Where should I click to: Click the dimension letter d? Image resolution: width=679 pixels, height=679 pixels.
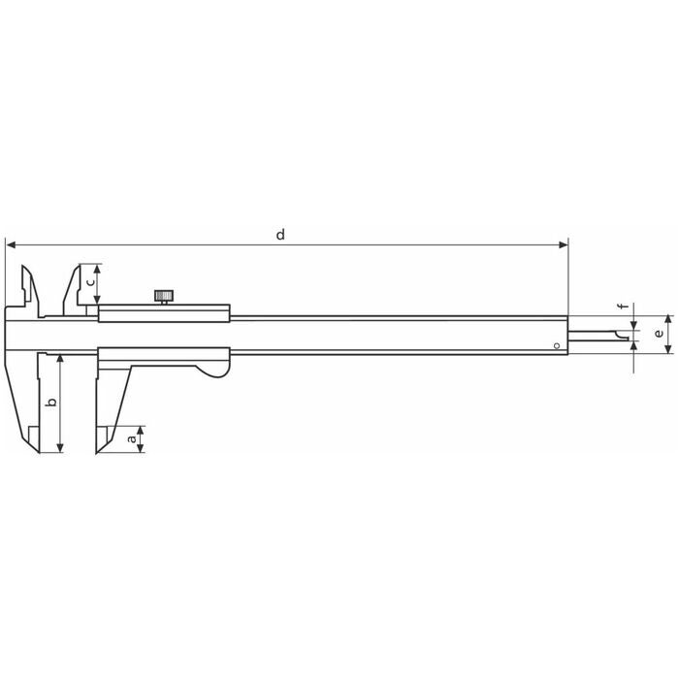pyautogui.click(x=280, y=235)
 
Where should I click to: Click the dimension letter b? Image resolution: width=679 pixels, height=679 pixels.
pyautogui.click(x=51, y=402)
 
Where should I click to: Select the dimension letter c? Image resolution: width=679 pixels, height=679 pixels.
pyautogui.click(x=90, y=282)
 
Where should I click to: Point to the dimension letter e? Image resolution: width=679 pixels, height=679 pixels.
pyautogui.click(x=659, y=334)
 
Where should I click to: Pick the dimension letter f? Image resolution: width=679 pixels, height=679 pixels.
pyautogui.click(x=624, y=307)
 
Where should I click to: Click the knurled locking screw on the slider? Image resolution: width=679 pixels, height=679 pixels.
pyautogui.click(x=164, y=296)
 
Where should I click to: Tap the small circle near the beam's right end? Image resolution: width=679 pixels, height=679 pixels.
pyautogui.click(x=557, y=345)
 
